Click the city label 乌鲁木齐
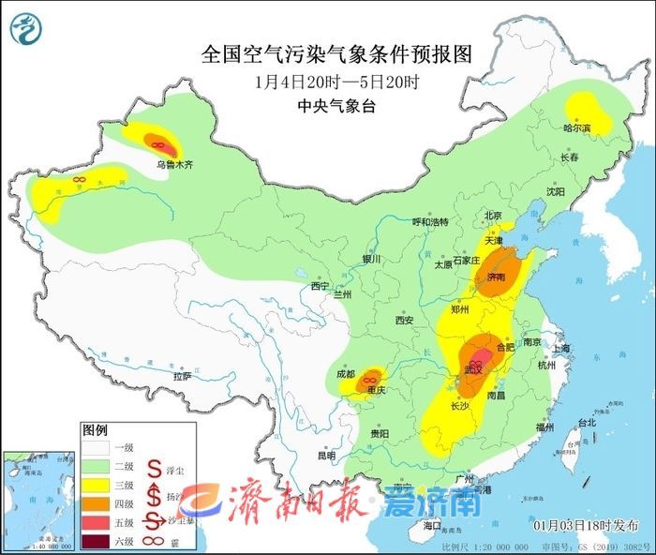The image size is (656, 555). point(174,164)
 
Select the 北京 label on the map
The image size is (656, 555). point(494,215)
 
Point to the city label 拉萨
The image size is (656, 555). point(182,375)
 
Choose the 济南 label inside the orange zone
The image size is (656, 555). point(497,277)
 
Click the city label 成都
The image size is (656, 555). point(347,374)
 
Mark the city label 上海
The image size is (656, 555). point(562,348)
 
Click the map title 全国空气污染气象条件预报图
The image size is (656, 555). point(328,53)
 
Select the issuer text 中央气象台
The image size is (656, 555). point(335,106)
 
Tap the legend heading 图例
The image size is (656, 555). point(95,430)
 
